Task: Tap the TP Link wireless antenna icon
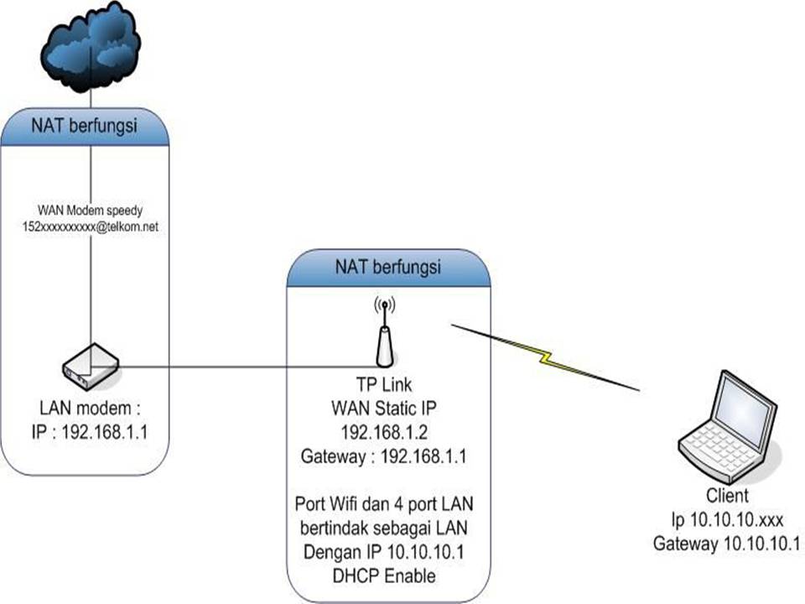[384, 333]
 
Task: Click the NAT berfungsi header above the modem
[85, 127]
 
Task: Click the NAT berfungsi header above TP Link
[388, 268]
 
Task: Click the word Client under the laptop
[726, 496]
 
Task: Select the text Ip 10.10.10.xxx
[726, 520]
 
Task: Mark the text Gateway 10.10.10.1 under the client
[726, 544]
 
